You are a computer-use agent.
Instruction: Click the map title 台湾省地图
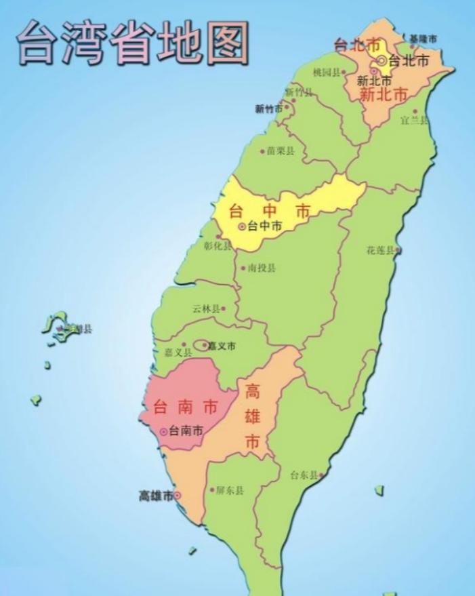(x=133, y=42)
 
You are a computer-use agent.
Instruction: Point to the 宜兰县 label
(x=414, y=120)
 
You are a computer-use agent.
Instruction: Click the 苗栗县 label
(x=280, y=151)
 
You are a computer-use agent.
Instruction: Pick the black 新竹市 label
(x=269, y=108)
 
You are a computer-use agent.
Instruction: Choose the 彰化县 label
(x=217, y=246)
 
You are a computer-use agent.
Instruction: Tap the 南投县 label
(x=262, y=268)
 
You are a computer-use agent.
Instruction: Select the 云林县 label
(x=206, y=309)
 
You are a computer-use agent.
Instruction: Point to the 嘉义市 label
(x=222, y=346)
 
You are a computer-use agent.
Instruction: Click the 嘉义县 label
(x=178, y=353)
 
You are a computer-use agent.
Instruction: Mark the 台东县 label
(x=304, y=475)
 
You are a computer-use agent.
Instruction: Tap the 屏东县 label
(x=230, y=490)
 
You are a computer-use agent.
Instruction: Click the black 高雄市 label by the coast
(x=156, y=496)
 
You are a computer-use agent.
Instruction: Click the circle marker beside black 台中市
(x=242, y=226)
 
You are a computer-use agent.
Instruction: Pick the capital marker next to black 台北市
(x=382, y=60)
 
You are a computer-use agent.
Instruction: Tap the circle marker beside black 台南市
(x=163, y=431)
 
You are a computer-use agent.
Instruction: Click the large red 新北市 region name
(x=383, y=95)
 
